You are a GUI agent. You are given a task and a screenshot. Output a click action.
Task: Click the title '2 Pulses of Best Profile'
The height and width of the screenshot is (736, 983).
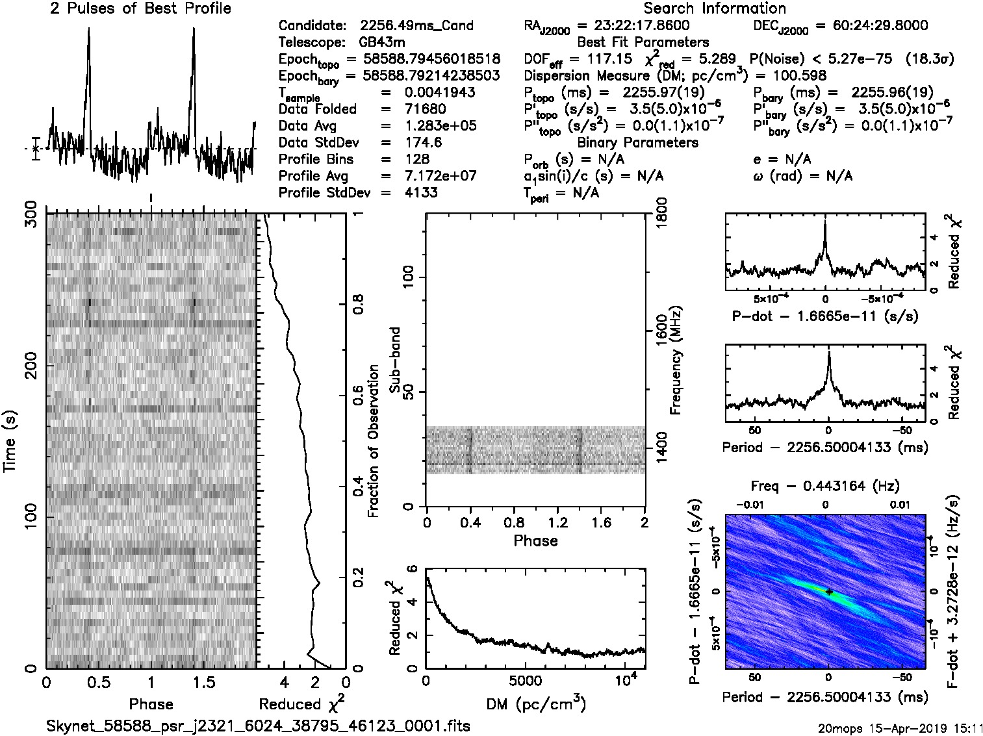coord(140,8)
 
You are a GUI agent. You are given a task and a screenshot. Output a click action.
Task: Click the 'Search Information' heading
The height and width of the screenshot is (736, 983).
coord(715,8)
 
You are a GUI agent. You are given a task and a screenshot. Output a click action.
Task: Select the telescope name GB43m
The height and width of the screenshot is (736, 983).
coord(383,42)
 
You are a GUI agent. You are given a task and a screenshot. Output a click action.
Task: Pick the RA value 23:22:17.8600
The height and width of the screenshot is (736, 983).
coord(633,25)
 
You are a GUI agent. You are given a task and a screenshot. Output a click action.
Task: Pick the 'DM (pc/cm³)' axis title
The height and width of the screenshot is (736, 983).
coord(535,704)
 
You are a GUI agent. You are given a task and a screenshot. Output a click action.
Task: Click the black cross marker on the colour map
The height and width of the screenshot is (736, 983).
coord(829,592)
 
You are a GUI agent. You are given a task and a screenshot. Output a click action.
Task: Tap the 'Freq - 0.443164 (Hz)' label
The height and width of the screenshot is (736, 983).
coord(825,485)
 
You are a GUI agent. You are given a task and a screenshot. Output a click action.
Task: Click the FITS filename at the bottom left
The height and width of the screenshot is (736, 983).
coord(258,726)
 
